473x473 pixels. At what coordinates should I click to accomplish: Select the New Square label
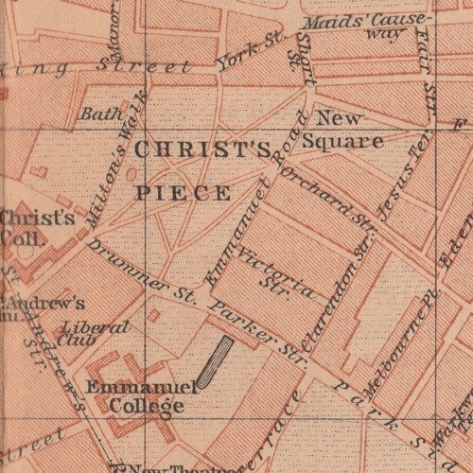click(347, 131)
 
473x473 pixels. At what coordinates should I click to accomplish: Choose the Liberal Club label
click(81, 333)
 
